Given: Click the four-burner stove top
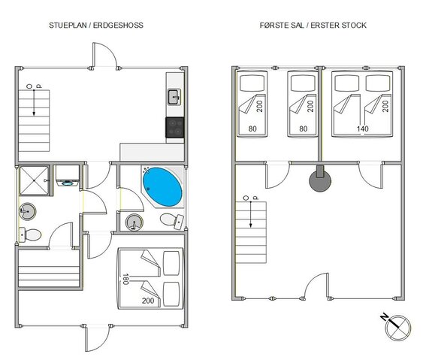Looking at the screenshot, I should coord(174,127).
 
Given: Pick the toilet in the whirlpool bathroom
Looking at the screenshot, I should coord(175,219).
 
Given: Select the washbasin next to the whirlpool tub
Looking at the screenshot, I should coord(134,222).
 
